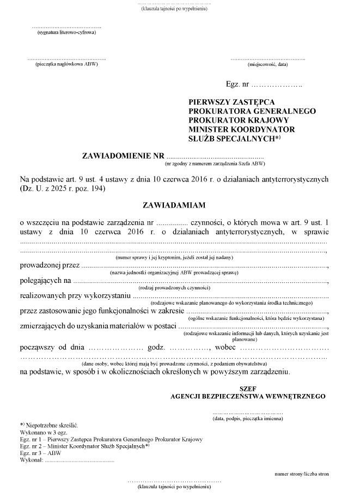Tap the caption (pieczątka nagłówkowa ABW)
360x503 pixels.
point(67,64)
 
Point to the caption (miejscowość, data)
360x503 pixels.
point(267,64)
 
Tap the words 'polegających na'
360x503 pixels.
point(45,281)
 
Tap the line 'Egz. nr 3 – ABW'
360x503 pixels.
point(41,452)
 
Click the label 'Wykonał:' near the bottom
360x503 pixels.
point(31,459)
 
